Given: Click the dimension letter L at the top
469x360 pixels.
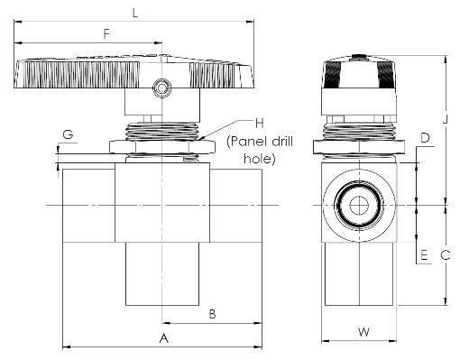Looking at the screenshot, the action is point(135,14).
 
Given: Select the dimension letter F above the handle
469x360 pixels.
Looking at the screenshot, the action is point(106,34).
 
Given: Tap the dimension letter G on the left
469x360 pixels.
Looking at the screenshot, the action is point(68,134).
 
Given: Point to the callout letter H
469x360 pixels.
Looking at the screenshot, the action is point(260,123).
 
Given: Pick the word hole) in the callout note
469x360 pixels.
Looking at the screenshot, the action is point(260,159).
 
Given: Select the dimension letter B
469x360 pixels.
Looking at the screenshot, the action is point(213,314).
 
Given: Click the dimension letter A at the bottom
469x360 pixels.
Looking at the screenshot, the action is point(164,338).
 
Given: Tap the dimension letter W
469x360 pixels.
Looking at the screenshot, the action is point(363,332).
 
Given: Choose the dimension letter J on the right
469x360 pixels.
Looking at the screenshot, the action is point(446,119).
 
